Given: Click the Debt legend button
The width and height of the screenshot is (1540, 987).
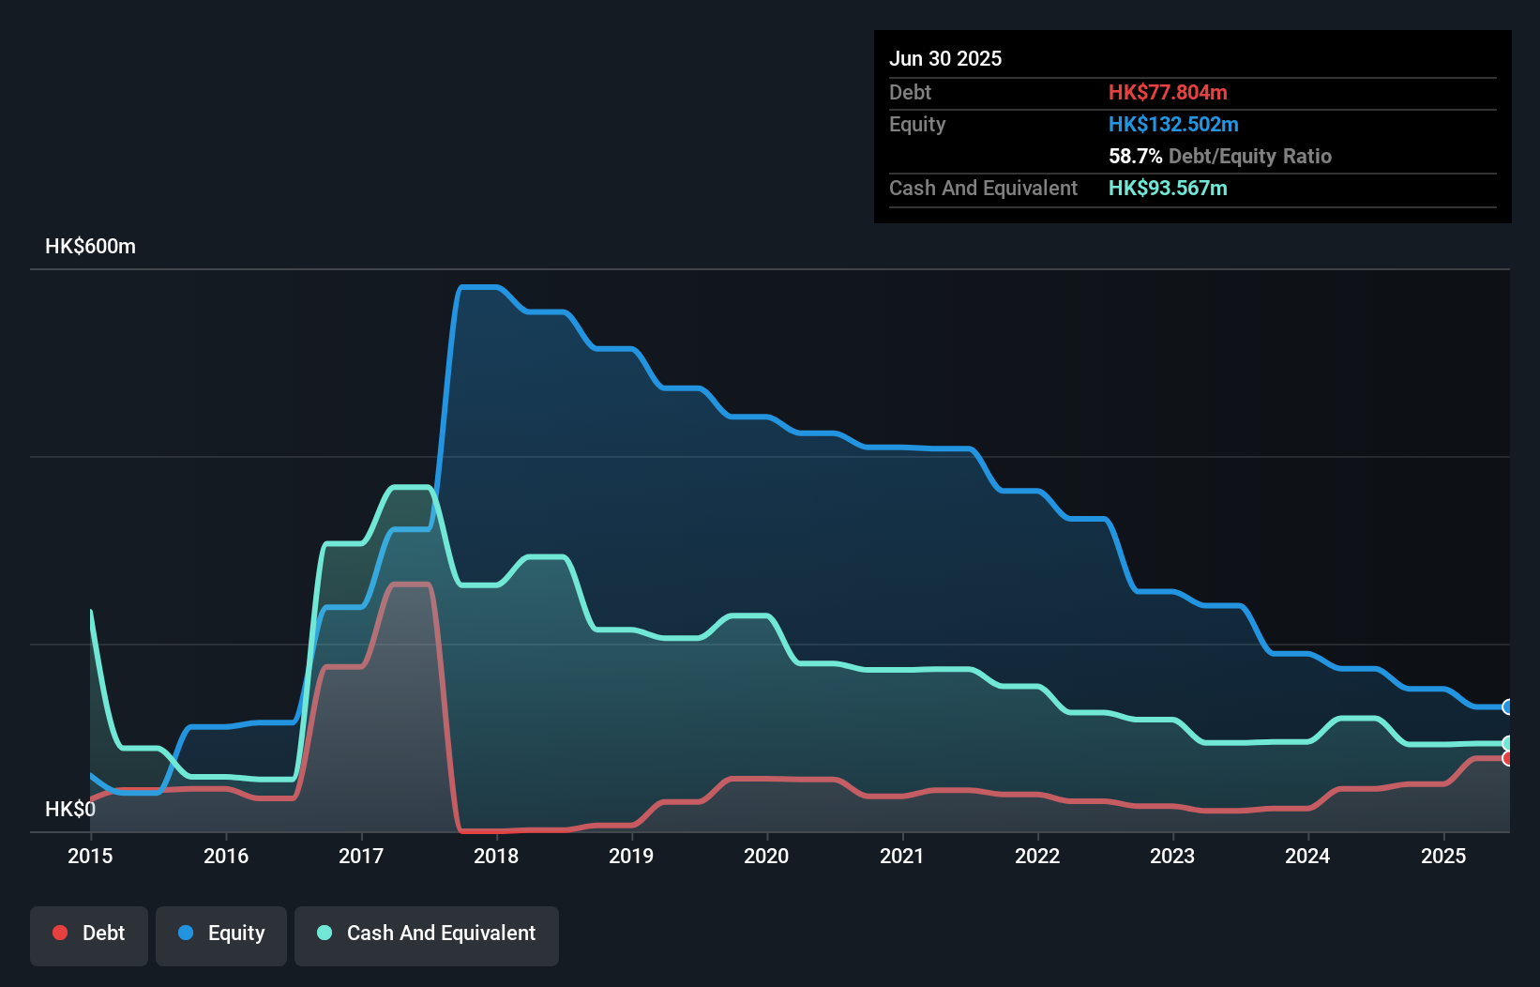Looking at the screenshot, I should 89,934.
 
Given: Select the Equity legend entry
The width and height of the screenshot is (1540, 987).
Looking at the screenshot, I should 221,934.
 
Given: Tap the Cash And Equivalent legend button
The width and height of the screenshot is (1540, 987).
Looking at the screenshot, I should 427,934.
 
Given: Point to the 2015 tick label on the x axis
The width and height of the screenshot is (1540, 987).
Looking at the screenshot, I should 90,856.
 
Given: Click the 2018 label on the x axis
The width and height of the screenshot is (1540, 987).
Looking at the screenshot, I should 496,856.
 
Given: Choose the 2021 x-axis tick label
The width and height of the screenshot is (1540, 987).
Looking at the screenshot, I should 901,856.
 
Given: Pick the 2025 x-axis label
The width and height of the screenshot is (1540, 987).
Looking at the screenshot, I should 1442,856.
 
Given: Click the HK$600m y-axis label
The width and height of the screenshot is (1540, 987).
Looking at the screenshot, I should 90,247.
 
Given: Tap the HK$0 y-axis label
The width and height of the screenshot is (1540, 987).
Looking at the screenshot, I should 69,809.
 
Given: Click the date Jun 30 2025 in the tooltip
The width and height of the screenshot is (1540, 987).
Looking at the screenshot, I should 945,59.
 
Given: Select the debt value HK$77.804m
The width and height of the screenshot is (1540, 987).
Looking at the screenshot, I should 1168,93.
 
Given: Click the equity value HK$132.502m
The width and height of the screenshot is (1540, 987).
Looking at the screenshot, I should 1173,125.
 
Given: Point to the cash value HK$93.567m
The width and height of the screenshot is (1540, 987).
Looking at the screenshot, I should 1168,189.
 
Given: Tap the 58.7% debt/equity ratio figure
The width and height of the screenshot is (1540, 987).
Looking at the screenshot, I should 1135,157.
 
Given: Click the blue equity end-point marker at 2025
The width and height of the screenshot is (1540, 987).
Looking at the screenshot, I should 1507,707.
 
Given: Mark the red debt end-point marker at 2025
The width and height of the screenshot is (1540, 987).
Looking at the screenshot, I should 1507,758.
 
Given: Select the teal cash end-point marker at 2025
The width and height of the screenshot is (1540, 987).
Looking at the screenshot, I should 1507,743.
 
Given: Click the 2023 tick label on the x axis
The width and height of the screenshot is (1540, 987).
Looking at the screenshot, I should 1172,856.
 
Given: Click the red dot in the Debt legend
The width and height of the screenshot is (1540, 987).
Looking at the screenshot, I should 60,933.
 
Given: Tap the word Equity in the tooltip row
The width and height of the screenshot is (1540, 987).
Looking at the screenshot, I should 917,125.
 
